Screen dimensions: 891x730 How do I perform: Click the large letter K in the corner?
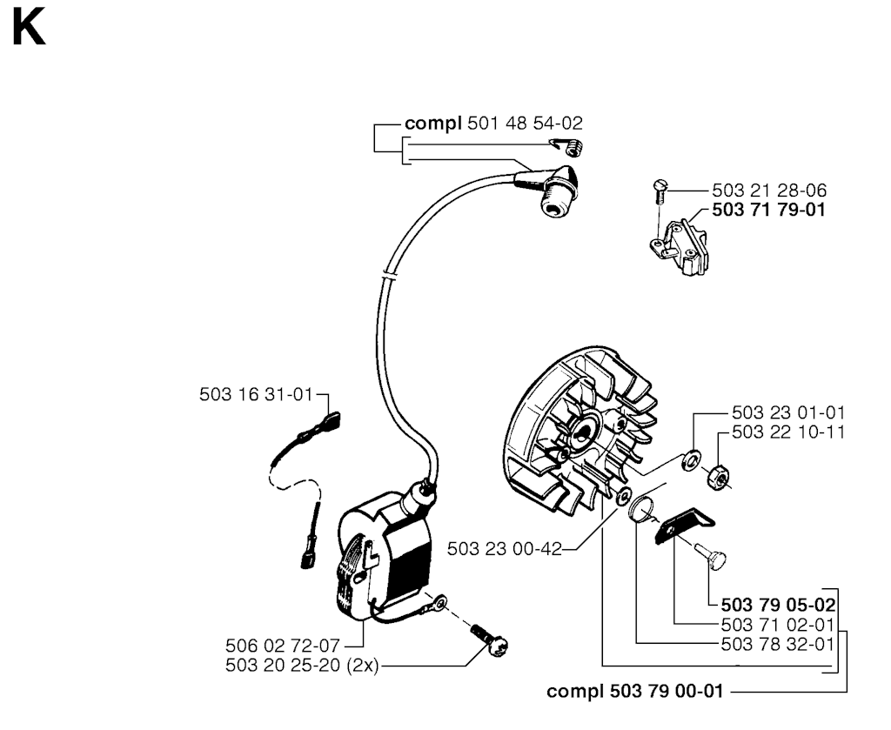29,29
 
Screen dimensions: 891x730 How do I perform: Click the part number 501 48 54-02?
525,124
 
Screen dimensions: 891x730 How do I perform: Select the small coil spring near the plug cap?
570,147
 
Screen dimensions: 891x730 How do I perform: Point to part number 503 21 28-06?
769,190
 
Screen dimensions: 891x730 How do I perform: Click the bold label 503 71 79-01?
768,210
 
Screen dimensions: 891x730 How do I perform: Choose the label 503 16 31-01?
256,394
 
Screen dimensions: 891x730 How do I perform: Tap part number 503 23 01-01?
788,412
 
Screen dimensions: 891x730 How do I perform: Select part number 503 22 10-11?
788,432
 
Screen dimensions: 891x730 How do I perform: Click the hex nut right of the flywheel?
718,476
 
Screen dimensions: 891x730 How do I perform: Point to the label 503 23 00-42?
504,549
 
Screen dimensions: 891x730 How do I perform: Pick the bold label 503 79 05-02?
778,605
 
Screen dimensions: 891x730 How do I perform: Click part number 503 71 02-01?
777,625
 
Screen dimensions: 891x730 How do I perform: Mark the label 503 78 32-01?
777,644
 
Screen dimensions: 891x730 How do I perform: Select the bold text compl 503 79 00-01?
634,692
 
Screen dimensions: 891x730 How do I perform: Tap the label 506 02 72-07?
283,646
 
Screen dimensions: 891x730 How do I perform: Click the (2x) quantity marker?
362,666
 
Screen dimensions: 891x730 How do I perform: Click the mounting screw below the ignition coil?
489,640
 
